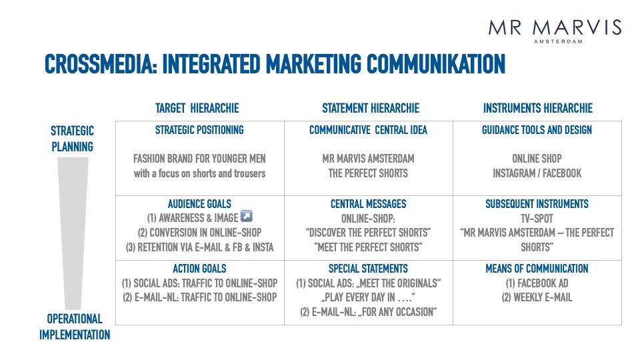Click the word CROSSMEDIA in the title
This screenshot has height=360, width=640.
coord(101,64)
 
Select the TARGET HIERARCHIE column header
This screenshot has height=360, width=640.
coord(197,108)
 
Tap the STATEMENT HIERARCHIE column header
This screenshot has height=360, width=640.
coord(371,108)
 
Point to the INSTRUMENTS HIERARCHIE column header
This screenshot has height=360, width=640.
coord(538,108)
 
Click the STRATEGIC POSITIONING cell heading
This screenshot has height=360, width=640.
coord(199,130)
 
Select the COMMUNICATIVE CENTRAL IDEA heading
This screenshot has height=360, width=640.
coord(368,130)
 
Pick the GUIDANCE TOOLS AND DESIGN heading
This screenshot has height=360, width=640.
coord(537,130)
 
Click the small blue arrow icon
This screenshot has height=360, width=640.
coord(247,216)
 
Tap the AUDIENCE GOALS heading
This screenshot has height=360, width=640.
coord(199,204)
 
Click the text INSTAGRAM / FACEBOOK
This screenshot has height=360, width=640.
coord(537,173)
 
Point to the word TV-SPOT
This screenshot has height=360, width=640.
coord(537,219)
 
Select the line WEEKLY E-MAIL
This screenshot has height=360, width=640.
coord(537,297)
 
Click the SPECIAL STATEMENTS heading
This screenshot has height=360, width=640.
coord(368,269)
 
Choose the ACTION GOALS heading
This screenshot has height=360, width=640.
coord(199,269)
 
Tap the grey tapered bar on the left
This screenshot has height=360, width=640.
coord(73,233)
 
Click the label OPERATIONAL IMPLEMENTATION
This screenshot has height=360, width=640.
coord(75,327)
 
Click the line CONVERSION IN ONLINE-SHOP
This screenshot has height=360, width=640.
coord(199,233)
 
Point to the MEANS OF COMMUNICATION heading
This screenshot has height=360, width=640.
coord(537,269)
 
